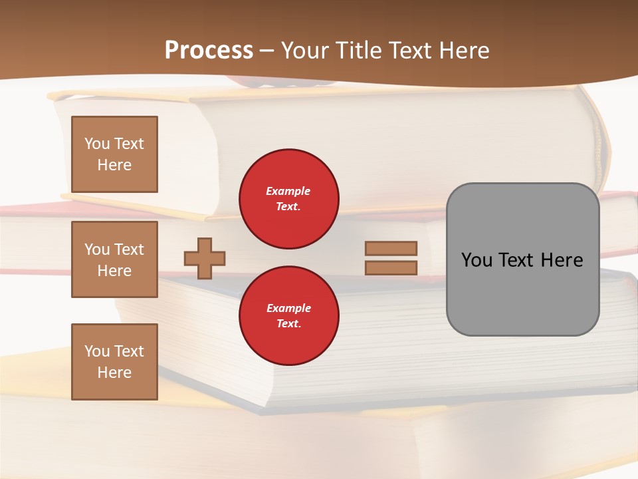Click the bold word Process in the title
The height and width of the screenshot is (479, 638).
point(209,51)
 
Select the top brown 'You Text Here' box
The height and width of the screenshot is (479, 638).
point(114,154)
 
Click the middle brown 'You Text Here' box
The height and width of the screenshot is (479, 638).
point(114,259)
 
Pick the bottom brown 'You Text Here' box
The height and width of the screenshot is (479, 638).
point(114,362)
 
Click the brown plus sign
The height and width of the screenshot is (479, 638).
point(205,258)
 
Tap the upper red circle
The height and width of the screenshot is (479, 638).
point(288,199)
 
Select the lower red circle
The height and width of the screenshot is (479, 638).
point(288,316)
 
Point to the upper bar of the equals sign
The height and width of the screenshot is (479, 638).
point(391,248)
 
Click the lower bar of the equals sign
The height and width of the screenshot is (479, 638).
point(391,267)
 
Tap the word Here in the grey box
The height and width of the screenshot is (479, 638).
point(562,260)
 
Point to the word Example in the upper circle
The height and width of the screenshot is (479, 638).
point(288,192)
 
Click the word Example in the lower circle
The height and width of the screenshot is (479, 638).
point(288,309)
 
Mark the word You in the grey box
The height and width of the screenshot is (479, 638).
point(477,260)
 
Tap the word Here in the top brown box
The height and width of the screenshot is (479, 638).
point(114,165)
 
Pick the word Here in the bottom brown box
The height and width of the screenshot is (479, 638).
point(114,373)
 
